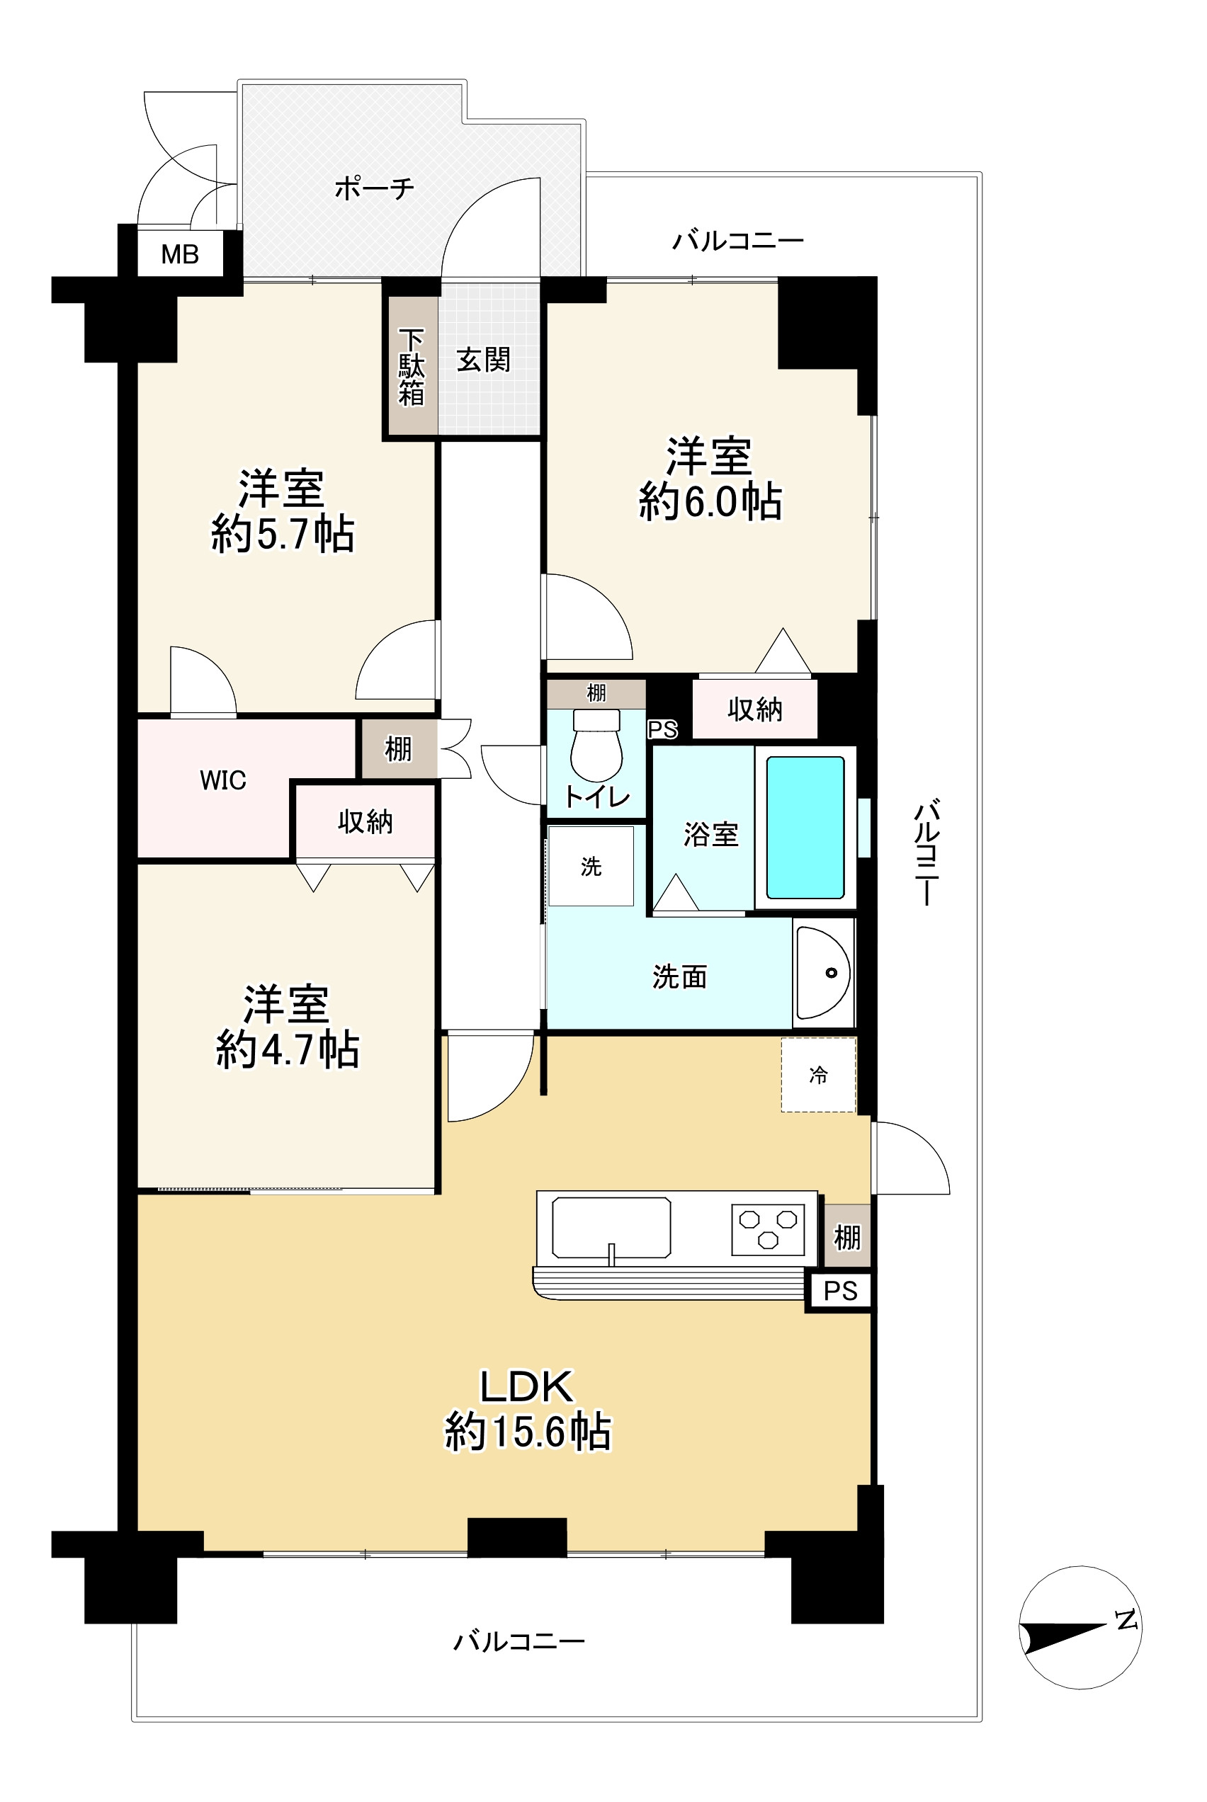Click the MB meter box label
coord(179,254)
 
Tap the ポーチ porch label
coord(374,188)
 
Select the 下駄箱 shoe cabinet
coord(412,366)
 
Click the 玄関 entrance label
coord(483,359)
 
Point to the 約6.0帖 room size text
coord(710,502)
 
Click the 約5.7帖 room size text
coord(283,533)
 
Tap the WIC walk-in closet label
coord(223,780)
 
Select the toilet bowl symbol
coord(596,745)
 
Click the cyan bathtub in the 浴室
coord(805,828)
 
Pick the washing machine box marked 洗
coord(591,867)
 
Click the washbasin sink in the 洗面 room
coord(823,973)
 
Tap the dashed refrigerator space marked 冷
coord(818,1075)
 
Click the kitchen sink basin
coord(611,1228)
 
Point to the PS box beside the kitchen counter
coord(840,1290)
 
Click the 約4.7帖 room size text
coord(287,1049)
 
